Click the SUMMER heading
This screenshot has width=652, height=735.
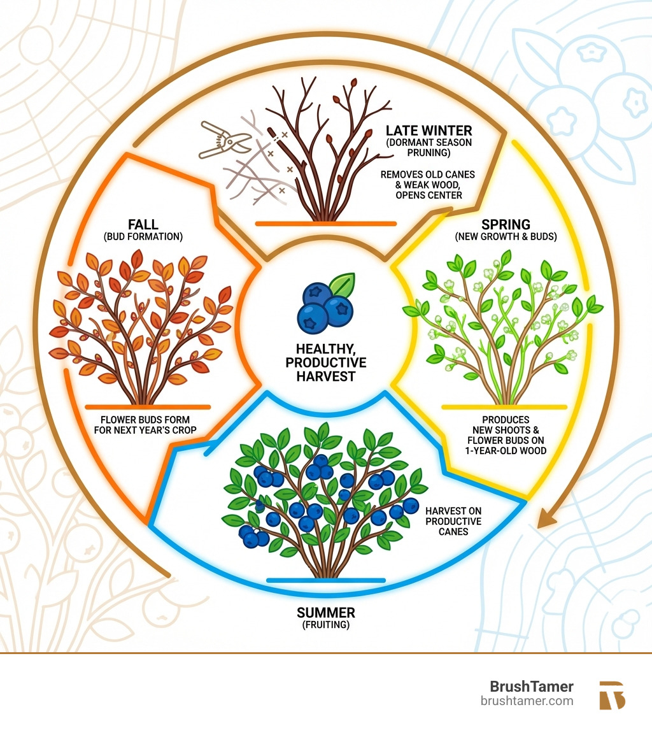pyautogui.click(x=326, y=613)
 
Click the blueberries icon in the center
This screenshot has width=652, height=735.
pyautogui.click(x=325, y=304)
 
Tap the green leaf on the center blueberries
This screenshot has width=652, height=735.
pyautogui.click(x=344, y=284)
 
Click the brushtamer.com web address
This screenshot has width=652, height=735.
pyautogui.click(x=527, y=701)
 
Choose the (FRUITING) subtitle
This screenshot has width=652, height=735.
pyautogui.click(x=326, y=626)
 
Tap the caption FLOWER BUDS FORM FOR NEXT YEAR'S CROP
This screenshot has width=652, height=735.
pyautogui.click(x=147, y=425)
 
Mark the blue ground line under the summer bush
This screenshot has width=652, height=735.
pyautogui.click(x=326, y=580)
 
